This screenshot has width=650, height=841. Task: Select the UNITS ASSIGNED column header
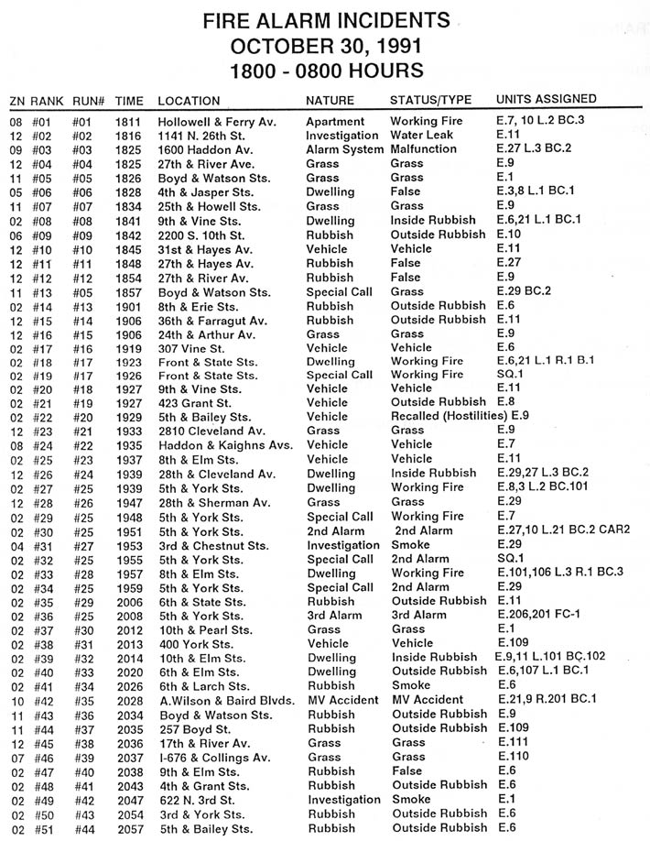[546, 99]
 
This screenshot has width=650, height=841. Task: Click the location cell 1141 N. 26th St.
[203, 135]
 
